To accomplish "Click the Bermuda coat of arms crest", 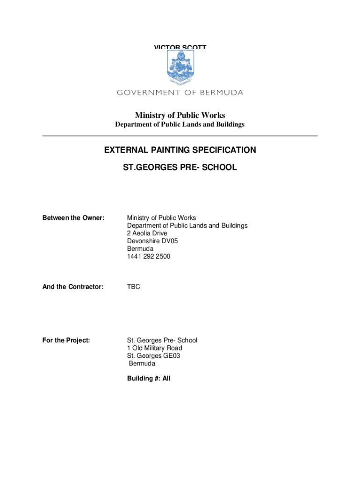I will [x=180, y=67].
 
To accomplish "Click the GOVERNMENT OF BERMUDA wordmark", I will [x=180, y=93].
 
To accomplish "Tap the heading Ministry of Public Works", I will [x=180, y=115].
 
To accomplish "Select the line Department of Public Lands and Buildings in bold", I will [x=180, y=125].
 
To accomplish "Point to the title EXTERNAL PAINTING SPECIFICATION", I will [x=180, y=150].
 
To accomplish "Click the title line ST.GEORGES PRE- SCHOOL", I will [x=180, y=167].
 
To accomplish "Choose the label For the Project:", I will [x=66, y=341].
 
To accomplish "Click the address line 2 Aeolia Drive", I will [x=147, y=233].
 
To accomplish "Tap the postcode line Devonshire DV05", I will [x=152, y=241].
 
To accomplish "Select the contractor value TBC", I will [x=133, y=287].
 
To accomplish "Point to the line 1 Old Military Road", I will [x=155, y=348].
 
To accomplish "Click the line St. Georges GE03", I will [x=153, y=356].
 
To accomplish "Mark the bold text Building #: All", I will [x=149, y=378].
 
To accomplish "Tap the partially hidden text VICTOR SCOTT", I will [x=180, y=47].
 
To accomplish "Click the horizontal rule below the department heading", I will [x=180, y=136].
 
